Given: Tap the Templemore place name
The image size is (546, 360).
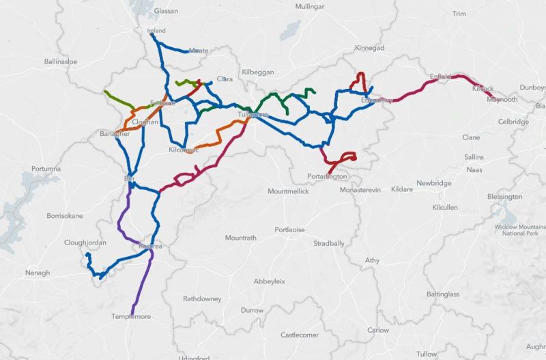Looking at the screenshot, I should click(131, 316).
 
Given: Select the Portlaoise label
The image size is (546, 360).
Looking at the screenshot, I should click(289, 230).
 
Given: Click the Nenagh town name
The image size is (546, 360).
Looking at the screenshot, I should click(38, 273).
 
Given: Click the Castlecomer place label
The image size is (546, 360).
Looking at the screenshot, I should click(300, 335).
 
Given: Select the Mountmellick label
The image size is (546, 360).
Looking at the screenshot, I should click(288, 191).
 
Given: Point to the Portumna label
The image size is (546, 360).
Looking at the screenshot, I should click(46, 169).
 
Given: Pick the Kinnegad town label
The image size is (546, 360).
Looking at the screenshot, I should click(370, 48).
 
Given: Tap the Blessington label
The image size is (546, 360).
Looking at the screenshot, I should click(504, 197).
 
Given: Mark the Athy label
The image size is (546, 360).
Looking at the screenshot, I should click(372, 260).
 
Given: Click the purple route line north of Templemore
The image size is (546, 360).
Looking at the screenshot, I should click(139, 287).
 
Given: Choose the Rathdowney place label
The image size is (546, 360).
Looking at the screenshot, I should click(202, 299).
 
